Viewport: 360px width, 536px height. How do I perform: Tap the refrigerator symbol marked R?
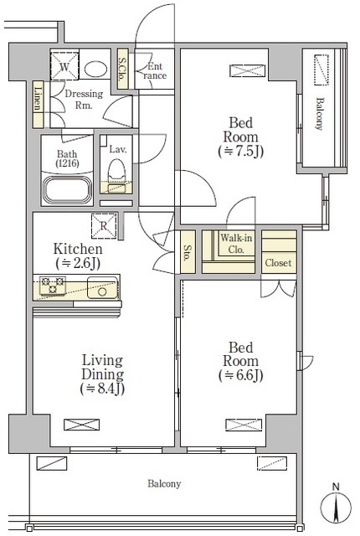(x=104, y=225)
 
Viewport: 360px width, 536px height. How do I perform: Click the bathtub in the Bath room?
(x=67, y=190)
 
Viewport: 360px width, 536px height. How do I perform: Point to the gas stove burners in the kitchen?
(x=53, y=285)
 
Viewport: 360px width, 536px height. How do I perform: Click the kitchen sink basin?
(x=102, y=287)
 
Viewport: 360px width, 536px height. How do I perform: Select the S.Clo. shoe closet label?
(x=122, y=69)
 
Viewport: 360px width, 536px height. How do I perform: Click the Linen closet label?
(x=39, y=98)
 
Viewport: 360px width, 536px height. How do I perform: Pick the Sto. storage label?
(x=188, y=253)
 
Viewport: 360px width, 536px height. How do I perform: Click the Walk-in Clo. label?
(x=236, y=243)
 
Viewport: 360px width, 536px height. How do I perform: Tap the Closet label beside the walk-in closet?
(x=278, y=263)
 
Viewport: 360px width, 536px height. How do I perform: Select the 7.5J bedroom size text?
(x=241, y=152)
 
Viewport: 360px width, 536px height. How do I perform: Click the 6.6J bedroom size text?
(x=241, y=376)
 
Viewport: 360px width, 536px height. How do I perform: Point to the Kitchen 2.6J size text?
(x=78, y=263)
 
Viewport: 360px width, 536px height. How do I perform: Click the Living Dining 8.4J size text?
(x=102, y=389)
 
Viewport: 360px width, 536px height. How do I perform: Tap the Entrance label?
(x=155, y=70)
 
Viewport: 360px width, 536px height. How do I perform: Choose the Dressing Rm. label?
(x=84, y=99)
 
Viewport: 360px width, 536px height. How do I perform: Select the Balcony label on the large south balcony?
(x=164, y=484)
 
